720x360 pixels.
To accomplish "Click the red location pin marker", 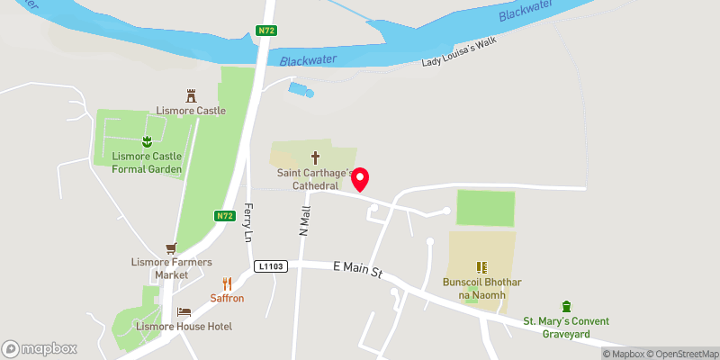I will (360, 178).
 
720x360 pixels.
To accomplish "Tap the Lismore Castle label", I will (191, 111).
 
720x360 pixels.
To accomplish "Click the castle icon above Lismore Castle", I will (191, 94).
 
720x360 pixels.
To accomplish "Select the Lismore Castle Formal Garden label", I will (147, 162).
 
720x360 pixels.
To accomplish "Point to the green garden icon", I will (146, 140).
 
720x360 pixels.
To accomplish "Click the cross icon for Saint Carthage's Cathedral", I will (316, 156).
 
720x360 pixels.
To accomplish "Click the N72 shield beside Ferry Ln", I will (225, 216).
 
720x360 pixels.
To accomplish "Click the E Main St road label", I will (358, 266).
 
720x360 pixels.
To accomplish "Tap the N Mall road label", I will (305, 221).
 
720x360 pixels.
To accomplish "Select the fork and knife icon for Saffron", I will (227, 283).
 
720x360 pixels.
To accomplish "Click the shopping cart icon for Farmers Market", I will (170, 248).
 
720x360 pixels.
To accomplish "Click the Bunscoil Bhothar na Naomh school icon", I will (481, 267).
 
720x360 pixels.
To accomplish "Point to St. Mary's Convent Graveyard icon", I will (566, 307).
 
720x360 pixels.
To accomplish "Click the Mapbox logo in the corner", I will (39, 348).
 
